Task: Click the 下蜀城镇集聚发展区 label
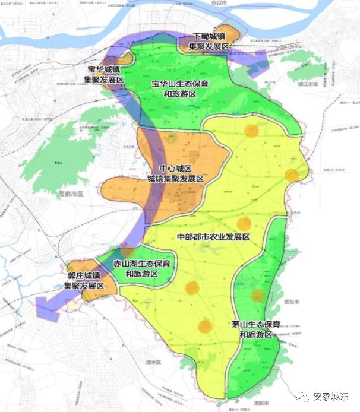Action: coord(209,40)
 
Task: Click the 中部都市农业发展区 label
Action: coord(213,237)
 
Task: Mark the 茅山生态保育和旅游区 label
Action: coord(255,329)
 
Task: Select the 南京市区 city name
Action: coord(71,194)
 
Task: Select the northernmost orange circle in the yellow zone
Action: coord(252,131)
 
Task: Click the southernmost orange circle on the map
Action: coord(205,327)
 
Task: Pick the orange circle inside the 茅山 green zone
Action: coord(258,296)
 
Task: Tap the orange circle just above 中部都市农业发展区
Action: coord(244,224)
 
